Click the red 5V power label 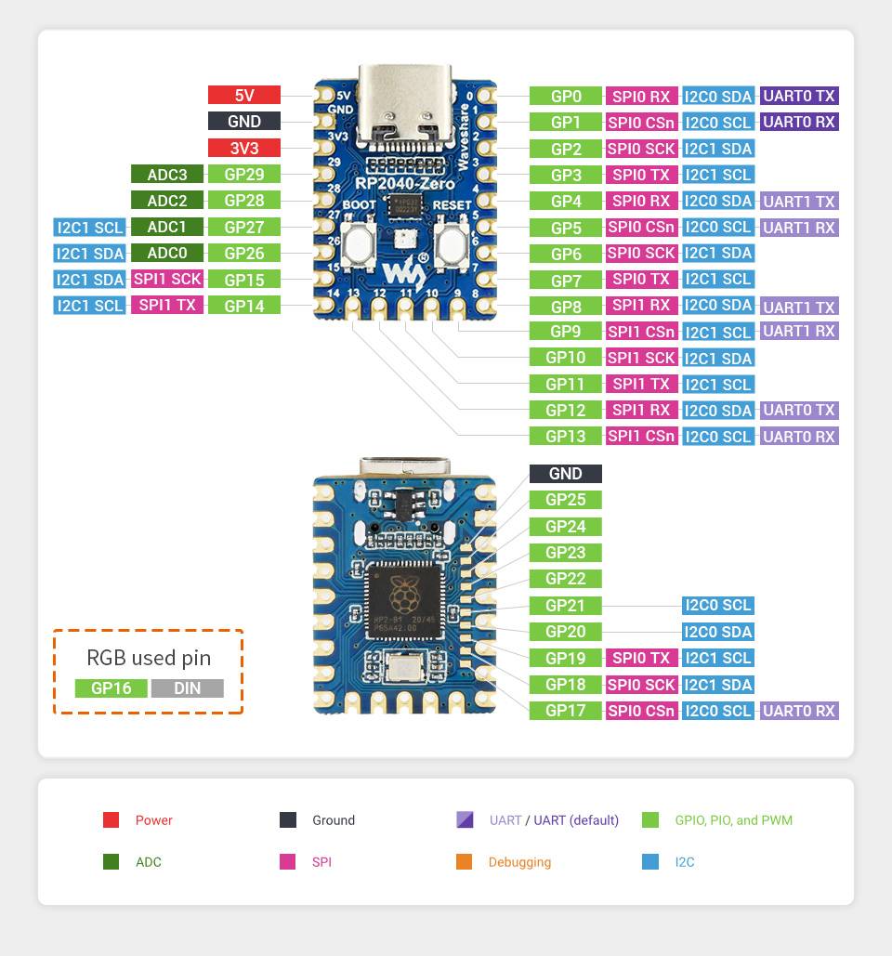(x=243, y=95)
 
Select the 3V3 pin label (x=243, y=148)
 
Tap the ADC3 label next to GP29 (x=166, y=174)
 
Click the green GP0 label (x=565, y=96)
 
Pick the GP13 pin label (x=565, y=436)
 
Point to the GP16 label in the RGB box (x=111, y=688)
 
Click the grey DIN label (x=187, y=688)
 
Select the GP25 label (x=565, y=500)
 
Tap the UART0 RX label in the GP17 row (x=798, y=711)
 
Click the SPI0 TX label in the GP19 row (x=641, y=658)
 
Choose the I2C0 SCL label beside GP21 (x=717, y=605)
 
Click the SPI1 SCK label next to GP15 (x=166, y=279)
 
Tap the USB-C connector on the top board (x=404, y=107)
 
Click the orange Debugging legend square (x=465, y=862)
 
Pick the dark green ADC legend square (x=111, y=862)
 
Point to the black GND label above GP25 (x=565, y=474)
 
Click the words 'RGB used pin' (x=149, y=658)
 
